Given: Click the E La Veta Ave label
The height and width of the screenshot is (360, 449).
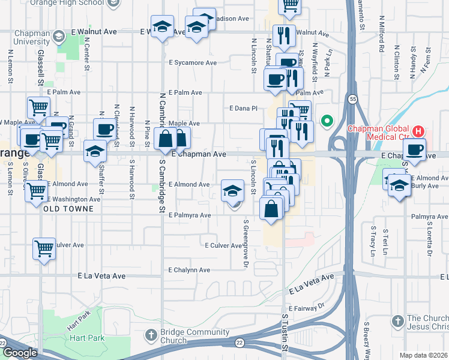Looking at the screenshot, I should (101, 276).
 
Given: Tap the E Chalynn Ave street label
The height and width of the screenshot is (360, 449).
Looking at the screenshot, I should (189, 270).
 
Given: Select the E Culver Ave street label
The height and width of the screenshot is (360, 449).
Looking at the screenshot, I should (223, 246).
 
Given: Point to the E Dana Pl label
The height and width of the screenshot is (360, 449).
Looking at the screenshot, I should (243, 109).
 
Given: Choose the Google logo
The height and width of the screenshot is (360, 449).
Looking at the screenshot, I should (19, 353).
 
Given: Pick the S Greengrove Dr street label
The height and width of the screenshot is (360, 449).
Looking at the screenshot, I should (246, 243).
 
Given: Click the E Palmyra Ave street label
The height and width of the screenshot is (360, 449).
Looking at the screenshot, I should (190, 215).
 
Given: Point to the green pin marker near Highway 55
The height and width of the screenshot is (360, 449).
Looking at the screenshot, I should (327, 121).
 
